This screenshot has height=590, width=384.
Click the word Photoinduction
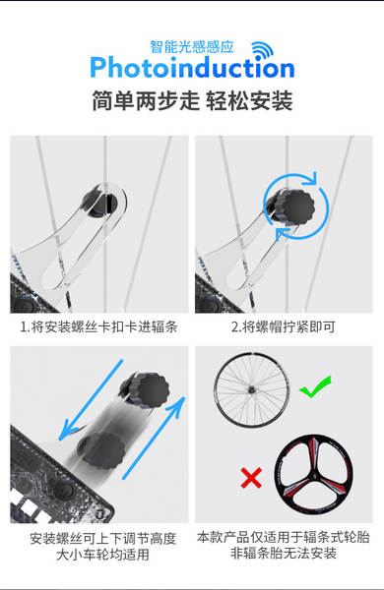(x=192, y=68)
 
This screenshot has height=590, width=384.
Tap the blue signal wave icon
(x=262, y=50)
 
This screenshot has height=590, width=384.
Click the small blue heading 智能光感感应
(x=192, y=46)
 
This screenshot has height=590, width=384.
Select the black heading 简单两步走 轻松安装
(x=192, y=101)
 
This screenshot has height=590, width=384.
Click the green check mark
(x=315, y=386)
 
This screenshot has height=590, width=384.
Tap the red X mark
(x=251, y=478)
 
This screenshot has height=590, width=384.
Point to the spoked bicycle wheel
(x=252, y=389)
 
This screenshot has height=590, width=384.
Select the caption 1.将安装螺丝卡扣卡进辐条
(x=98, y=326)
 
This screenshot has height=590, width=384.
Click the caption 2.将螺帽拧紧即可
(x=284, y=326)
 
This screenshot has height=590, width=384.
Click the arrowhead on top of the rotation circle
(x=311, y=178)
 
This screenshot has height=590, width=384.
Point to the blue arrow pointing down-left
(x=91, y=400)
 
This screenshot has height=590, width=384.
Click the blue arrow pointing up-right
(x=154, y=438)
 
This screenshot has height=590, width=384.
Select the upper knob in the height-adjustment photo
(x=145, y=389)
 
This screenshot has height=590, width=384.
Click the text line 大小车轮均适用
(x=102, y=555)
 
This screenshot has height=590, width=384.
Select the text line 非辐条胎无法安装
(x=284, y=553)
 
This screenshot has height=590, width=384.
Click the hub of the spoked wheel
(x=251, y=389)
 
